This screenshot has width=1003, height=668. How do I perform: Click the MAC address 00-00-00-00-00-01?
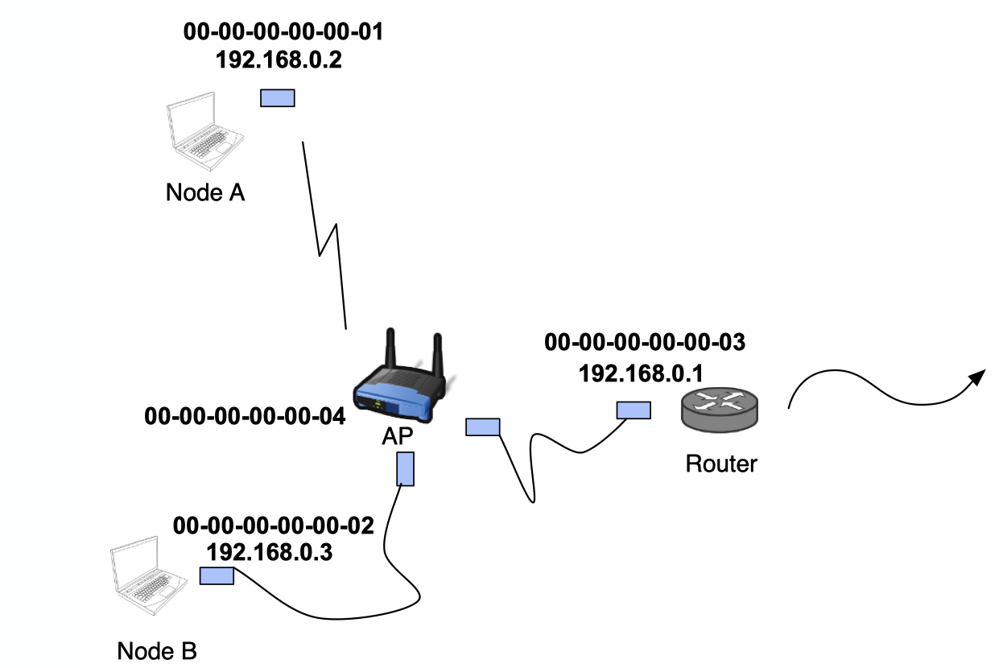(x=283, y=32)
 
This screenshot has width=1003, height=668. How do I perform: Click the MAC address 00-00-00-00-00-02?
(x=274, y=526)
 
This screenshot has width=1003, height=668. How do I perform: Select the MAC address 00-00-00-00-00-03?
(x=645, y=342)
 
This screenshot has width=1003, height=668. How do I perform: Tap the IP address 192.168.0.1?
(x=641, y=373)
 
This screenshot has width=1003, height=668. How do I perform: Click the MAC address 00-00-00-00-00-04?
(x=245, y=416)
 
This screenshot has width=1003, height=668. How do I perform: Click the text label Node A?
(x=205, y=193)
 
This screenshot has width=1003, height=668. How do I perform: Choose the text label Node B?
(x=157, y=651)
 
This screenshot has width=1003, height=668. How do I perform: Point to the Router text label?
(x=721, y=464)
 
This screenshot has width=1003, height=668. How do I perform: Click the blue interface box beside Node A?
(x=278, y=98)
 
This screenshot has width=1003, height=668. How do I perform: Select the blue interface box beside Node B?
(x=217, y=575)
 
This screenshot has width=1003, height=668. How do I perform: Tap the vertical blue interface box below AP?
(x=406, y=468)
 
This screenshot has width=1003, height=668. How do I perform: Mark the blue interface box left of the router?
(x=634, y=410)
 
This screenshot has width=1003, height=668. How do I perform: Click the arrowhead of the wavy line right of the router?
(x=978, y=377)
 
